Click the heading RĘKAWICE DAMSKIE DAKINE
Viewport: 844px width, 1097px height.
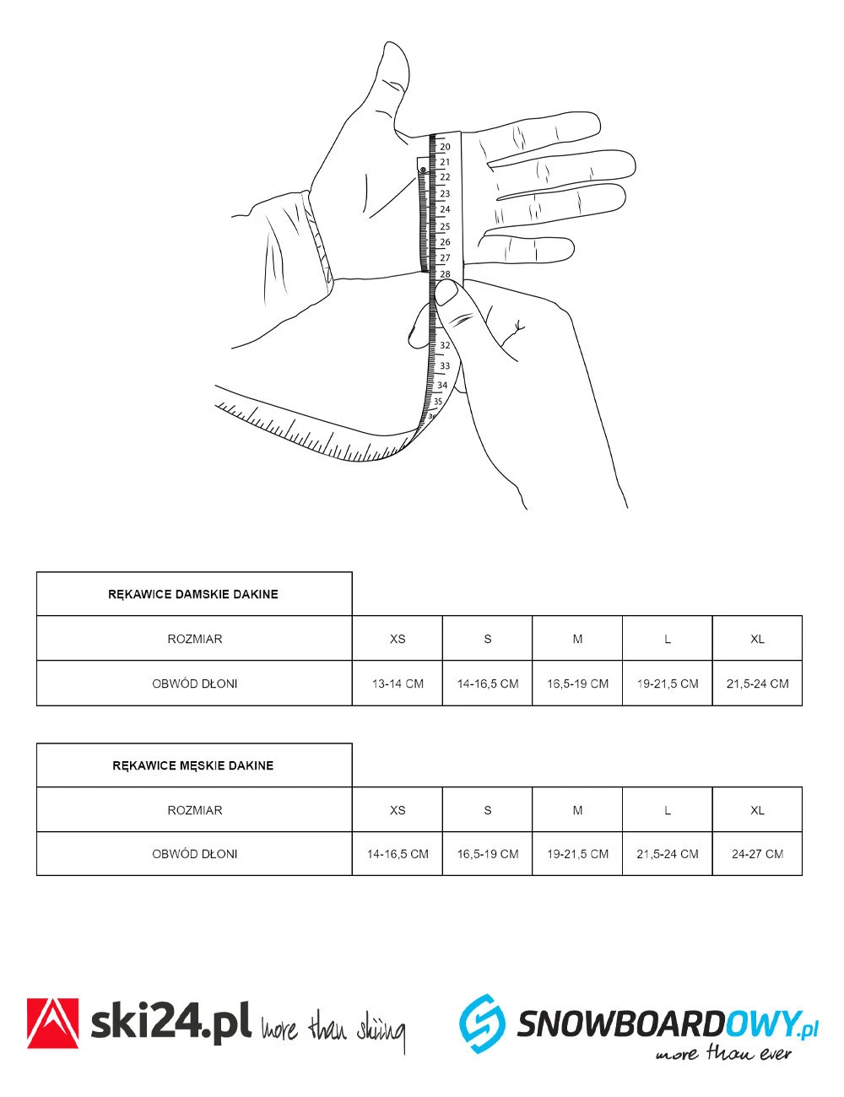point(193,594)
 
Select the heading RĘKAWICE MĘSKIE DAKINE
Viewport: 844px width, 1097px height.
point(193,765)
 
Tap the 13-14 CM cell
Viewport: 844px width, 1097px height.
point(398,684)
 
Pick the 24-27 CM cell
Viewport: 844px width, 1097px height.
point(757,854)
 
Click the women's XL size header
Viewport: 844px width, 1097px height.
point(757,639)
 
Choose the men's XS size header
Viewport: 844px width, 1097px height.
point(398,810)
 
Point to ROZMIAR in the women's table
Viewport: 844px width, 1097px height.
point(194,639)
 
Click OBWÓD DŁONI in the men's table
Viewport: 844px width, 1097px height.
point(194,854)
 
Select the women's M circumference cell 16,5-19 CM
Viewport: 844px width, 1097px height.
point(577,684)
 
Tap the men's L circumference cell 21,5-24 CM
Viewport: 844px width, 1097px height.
point(668,854)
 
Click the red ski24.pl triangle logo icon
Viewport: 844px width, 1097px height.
point(53,1023)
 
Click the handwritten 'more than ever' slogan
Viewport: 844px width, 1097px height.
point(723,1053)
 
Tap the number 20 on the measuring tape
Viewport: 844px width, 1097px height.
point(445,147)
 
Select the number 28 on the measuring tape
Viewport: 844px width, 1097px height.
point(445,274)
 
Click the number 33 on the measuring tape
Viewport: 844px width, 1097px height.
point(445,366)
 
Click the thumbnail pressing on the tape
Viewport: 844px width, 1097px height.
point(446,295)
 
